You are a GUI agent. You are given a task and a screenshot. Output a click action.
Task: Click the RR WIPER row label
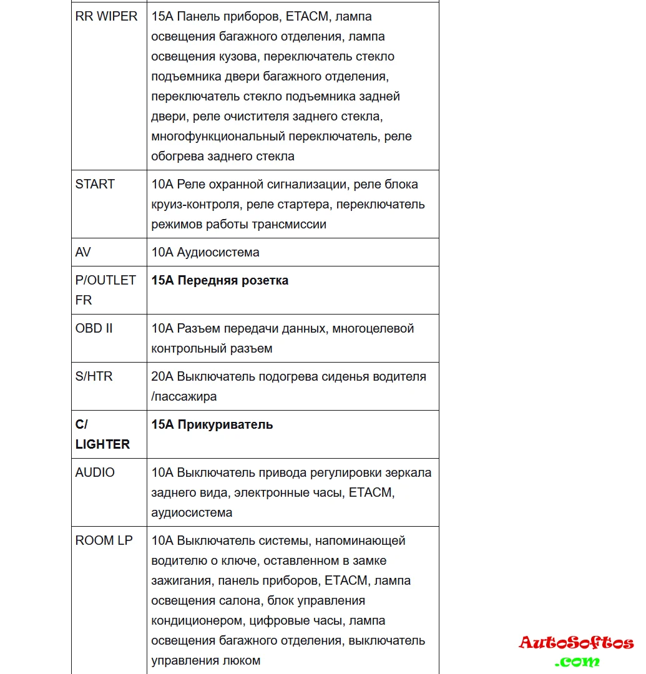coord(106,17)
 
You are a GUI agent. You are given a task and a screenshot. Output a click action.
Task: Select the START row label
coord(95,184)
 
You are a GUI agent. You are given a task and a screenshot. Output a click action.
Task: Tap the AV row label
coord(83,252)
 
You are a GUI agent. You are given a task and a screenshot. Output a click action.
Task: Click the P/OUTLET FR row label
coord(105,290)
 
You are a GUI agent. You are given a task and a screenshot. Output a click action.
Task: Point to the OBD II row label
coord(94,328)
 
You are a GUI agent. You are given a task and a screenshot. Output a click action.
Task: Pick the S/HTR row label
coord(94,376)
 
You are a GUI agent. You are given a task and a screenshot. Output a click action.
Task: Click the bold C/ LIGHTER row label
coord(102,434)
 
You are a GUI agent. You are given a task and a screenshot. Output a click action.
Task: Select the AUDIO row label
coord(95,472)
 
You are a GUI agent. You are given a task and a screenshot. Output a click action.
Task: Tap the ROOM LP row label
coord(104,540)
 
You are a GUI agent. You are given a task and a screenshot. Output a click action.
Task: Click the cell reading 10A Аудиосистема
coord(205,252)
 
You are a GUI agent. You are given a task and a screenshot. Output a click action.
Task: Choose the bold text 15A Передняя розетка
coord(220,281)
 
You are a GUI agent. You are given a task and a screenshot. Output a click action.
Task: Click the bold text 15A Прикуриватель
coord(212,425)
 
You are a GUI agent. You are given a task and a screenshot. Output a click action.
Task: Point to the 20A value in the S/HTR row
coord(162,376)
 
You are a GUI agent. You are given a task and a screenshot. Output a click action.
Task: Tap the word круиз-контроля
coord(196,204)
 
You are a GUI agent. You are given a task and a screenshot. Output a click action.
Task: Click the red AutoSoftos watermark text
coord(576,643)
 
